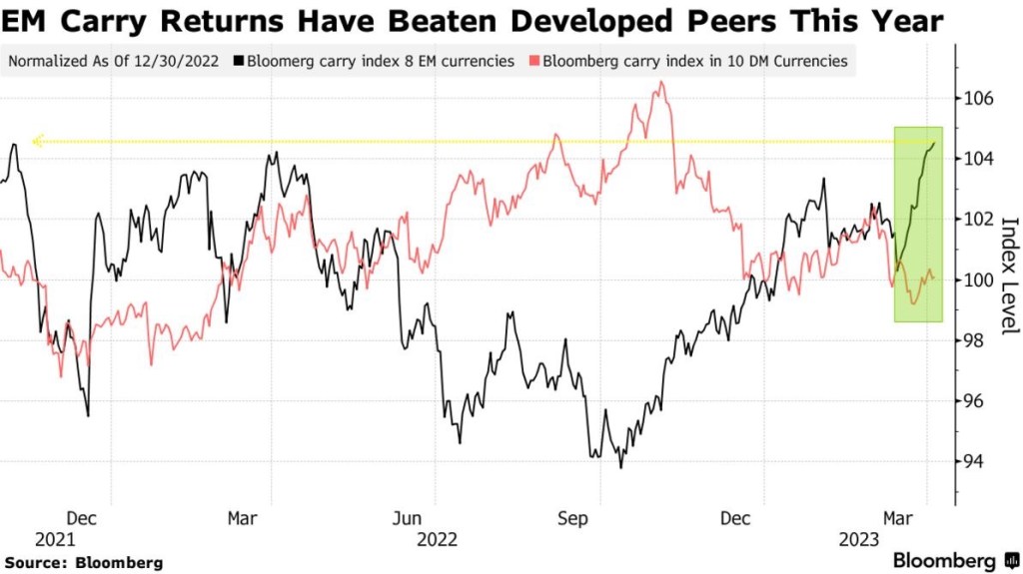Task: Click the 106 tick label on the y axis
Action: [x=979, y=99]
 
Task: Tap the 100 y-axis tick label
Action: [x=979, y=280]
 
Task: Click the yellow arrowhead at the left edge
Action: [x=36, y=142]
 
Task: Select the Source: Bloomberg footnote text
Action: [x=83, y=563]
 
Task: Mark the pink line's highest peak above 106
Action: [x=661, y=83]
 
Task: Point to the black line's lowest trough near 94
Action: [x=621, y=466]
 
